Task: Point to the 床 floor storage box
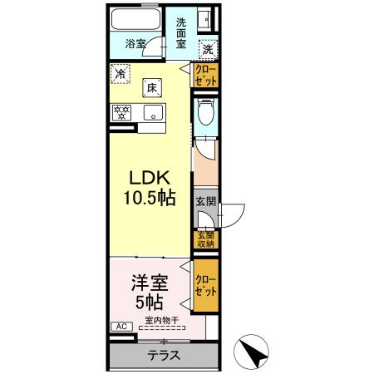[x=152, y=86]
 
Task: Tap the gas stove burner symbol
[x=121, y=112]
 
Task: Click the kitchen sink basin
[x=153, y=113]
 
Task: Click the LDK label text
[x=149, y=180]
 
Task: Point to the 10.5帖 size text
[x=150, y=199]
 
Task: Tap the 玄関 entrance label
[x=205, y=201]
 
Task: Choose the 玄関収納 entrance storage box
[x=205, y=239]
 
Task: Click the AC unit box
[x=121, y=327]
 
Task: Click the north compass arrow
[x=253, y=353]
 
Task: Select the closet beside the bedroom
[x=205, y=286]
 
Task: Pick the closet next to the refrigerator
[x=205, y=75]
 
